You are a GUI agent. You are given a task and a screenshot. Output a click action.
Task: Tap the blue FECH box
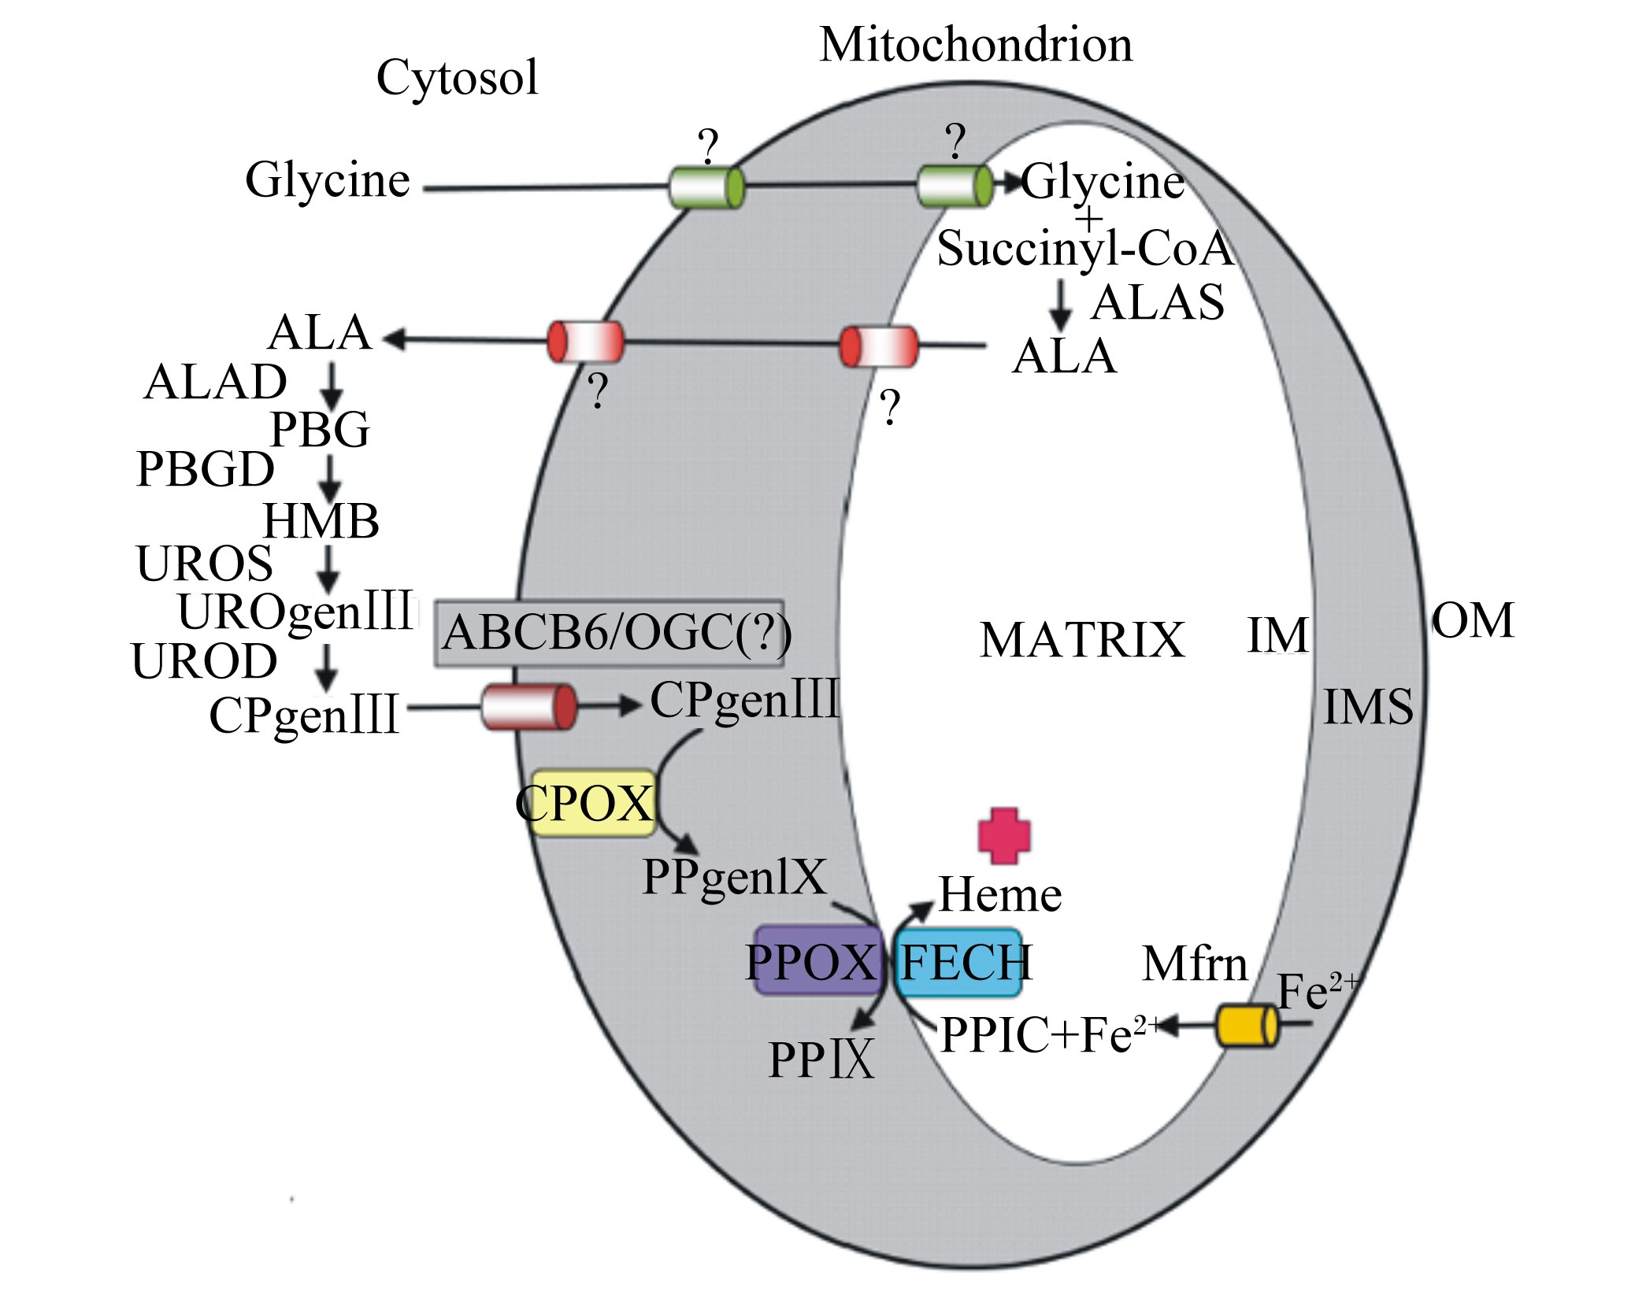959,961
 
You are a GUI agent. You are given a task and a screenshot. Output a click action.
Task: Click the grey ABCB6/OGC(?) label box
610,633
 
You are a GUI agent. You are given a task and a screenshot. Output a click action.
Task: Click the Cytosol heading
457,77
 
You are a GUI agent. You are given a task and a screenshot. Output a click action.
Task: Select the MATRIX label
1082,639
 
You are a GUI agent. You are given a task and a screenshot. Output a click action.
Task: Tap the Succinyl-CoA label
1084,248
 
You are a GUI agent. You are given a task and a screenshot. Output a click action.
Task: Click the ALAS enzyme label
1158,302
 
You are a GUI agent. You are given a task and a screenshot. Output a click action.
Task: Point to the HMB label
321,521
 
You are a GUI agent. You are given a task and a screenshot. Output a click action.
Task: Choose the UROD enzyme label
204,661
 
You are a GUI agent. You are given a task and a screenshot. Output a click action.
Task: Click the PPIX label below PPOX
821,1060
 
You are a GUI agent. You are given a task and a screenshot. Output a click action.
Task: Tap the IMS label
1368,706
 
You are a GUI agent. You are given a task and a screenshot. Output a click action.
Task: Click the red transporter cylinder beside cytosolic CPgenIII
528,706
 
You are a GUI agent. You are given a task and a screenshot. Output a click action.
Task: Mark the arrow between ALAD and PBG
332,386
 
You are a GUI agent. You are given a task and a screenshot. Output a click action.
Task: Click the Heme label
1000,895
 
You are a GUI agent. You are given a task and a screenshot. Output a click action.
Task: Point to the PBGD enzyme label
205,470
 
